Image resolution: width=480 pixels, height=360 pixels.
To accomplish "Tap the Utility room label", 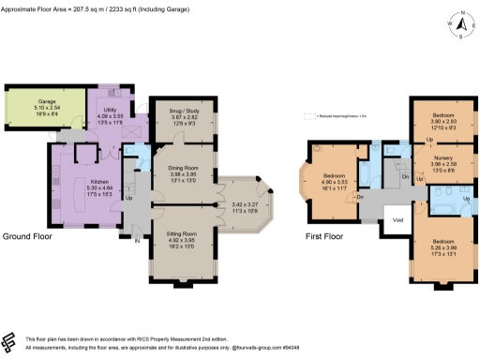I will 110,110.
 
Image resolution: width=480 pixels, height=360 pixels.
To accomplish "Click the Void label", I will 397,220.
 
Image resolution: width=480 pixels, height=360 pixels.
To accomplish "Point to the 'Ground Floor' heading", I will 27,236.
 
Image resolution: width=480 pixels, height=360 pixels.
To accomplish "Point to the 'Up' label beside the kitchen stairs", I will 129,198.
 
